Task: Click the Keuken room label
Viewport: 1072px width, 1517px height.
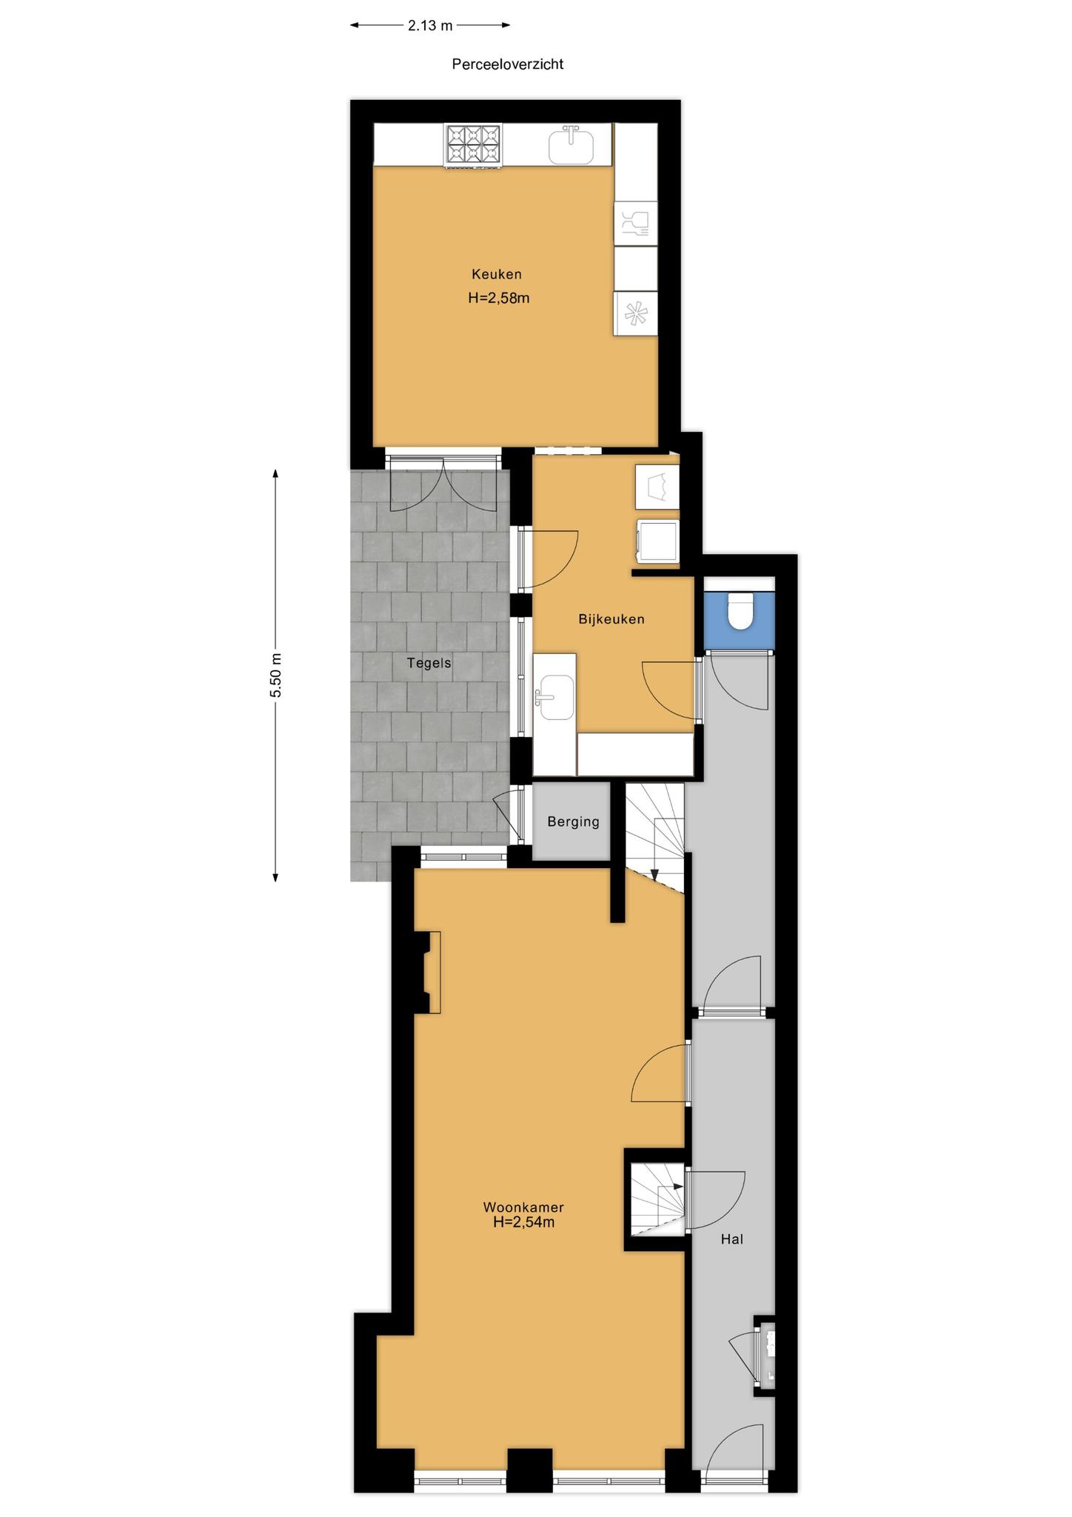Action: click(x=497, y=274)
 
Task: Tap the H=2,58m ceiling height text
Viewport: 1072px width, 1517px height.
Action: click(x=499, y=299)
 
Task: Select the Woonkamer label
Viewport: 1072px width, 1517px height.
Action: click(x=523, y=1207)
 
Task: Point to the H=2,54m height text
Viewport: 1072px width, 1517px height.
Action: click(x=524, y=1222)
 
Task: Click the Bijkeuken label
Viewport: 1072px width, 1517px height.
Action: click(x=612, y=619)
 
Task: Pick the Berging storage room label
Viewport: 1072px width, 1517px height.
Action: click(x=574, y=821)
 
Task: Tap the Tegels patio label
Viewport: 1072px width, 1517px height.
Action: click(x=429, y=663)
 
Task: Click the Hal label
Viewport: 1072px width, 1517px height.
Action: click(x=732, y=1238)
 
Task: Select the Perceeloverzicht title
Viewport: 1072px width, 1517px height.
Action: click(x=508, y=64)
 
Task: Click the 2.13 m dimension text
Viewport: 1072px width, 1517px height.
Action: click(x=430, y=26)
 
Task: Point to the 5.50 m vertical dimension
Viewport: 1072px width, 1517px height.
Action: click(x=276, y=676)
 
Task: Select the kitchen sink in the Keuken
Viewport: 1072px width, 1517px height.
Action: click(x=572, y=145)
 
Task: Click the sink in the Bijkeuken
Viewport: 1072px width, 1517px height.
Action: click(x=557, y=697)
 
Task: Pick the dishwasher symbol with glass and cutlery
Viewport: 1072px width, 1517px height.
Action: click(x=636, y=223)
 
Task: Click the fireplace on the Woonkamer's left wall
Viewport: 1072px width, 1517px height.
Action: click(x=427, y=972)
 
